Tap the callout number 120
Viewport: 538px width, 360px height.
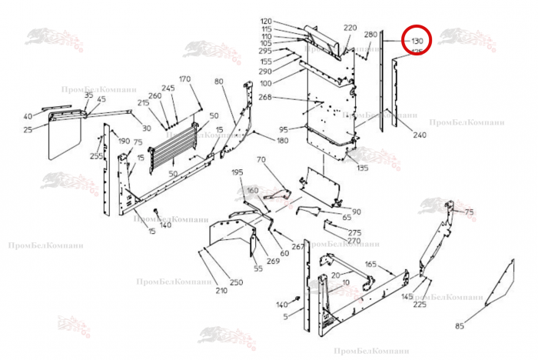pyautogui.click(x=267, y=22)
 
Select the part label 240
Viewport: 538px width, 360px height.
pyautogui.click(x=420, y=135)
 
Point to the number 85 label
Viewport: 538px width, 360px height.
pyautogui.click(x=460, y=326)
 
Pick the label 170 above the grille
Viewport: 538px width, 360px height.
pyautogui.click(x=184, y=80)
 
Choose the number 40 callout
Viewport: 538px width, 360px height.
pyautogui.click(x=28, y=117)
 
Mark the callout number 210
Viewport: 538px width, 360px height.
pyautogui.click(x=221, y=290)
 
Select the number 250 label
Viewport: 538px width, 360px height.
pyautogui.click(x=236, y=282)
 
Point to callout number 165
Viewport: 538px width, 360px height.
pyautogui.click(x=370, y=265)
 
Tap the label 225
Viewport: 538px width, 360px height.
pyautogui.click(x=420, y=305)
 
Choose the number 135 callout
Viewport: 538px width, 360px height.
pyautogui.click(x=363, y=168)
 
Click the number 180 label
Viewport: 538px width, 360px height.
pyautogui.click(x=283, y=141)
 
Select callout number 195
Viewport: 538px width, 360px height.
pyautogui.click(x=237, y=172)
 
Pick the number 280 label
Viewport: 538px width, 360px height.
pyautogui.click(x=370, y=35)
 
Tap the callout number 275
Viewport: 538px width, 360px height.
pyautogui.click(x=354, y=232)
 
